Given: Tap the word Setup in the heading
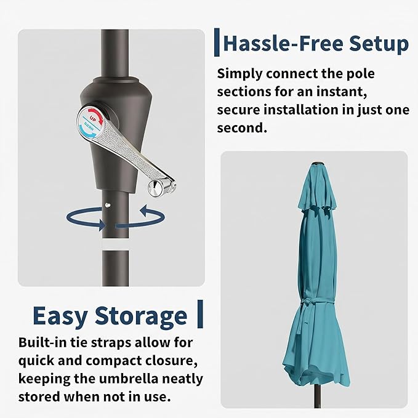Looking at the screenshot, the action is point(379,44).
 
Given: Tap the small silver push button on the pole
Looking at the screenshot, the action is point(108,205).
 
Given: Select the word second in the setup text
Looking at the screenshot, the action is point(242,128).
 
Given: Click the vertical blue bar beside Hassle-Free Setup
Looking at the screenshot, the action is point(217,42).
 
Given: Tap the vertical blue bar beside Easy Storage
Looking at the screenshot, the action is point(200,314).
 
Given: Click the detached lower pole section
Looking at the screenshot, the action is point(116,268).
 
